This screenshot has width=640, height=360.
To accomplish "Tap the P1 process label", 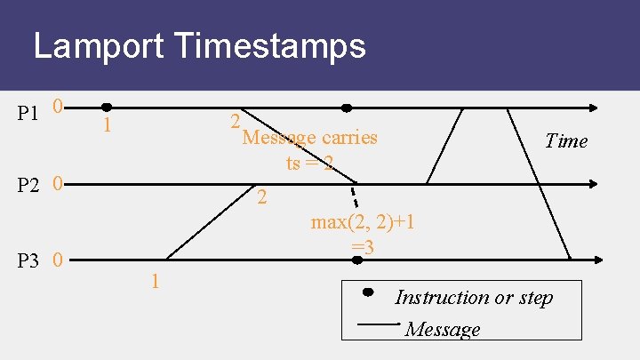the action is pyautogui.click(x=28, y=113).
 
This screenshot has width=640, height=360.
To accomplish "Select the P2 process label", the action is pyautogui.click(x=28, y=186).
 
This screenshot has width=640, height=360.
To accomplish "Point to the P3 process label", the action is pyautogui.click(x=28, y=261).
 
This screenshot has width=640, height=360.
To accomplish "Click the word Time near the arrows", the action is pyautogui.click(x=566, y=140).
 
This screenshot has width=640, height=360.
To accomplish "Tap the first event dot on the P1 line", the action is pyautogui.click(x=107, y=107).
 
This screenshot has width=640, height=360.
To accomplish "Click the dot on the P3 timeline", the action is pyautogui.click(x=357, y=260).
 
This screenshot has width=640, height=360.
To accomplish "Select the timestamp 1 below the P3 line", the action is pyautogui.click(x=155, y=282).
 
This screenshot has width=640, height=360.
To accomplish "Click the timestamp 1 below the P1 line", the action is pyautogui.click(x=107, y=126).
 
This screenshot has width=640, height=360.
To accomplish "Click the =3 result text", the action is pyautogui.click(x=363, y=246).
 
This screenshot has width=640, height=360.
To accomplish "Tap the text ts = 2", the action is pyautogui.click(x=310, y=163).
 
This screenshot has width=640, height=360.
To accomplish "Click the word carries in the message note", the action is pyautogui.click(x=349, y=138).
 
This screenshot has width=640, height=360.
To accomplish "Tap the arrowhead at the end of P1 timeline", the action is pyautogui.click(x=595, y=108).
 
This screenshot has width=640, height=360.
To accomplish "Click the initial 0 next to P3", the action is pyautogui.click(x=57, y=261).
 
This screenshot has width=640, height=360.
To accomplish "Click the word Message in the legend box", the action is pyautogui.click(x=442, y=330).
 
